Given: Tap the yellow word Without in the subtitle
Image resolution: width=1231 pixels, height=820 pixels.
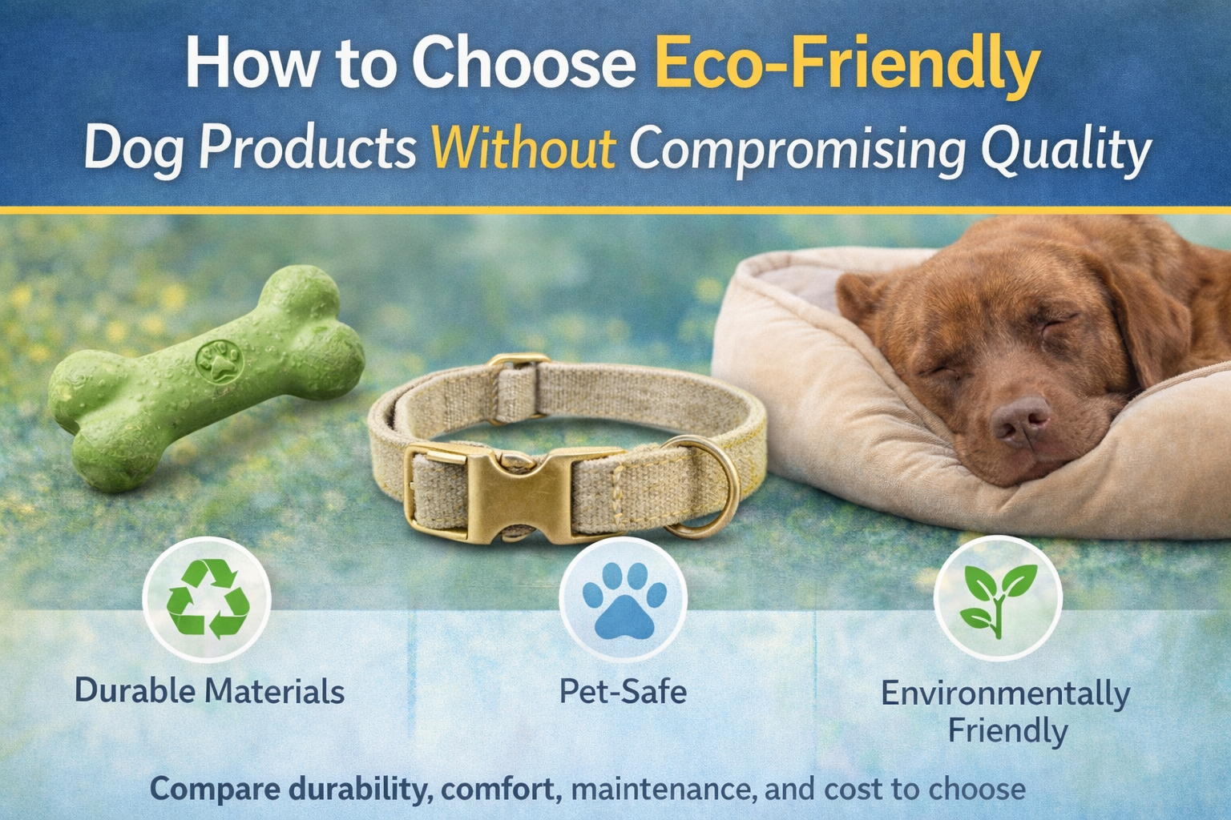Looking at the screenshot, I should click(x=523, y=148).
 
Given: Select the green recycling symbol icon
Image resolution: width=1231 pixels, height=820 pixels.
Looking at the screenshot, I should click(x=207, y=599).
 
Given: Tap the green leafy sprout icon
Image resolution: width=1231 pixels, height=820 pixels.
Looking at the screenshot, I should click(x=998, y=599).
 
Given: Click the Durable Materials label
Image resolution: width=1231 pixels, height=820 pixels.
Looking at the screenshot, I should click(x=209, y=691).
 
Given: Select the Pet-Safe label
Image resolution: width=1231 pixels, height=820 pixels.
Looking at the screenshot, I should click(x=623, y=691).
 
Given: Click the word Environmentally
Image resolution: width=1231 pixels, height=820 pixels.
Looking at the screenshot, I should click(x=1005, y=693).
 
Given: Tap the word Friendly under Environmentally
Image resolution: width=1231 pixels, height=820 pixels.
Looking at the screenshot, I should click(x=1007, y=730).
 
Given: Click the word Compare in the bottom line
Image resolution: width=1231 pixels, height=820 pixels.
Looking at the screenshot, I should click(x=215, y=789).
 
